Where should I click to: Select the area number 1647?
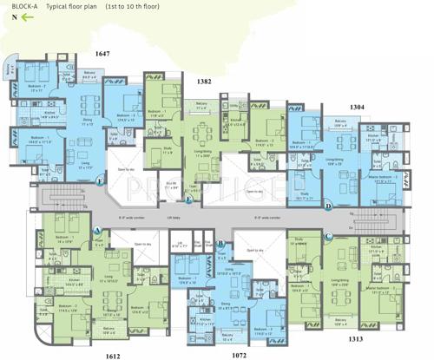click(x=103, y=54)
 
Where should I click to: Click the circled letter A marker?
click(x=98, y=230)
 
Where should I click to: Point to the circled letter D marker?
click(x=328, y=206)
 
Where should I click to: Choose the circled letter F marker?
click(x=101, y=181)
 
